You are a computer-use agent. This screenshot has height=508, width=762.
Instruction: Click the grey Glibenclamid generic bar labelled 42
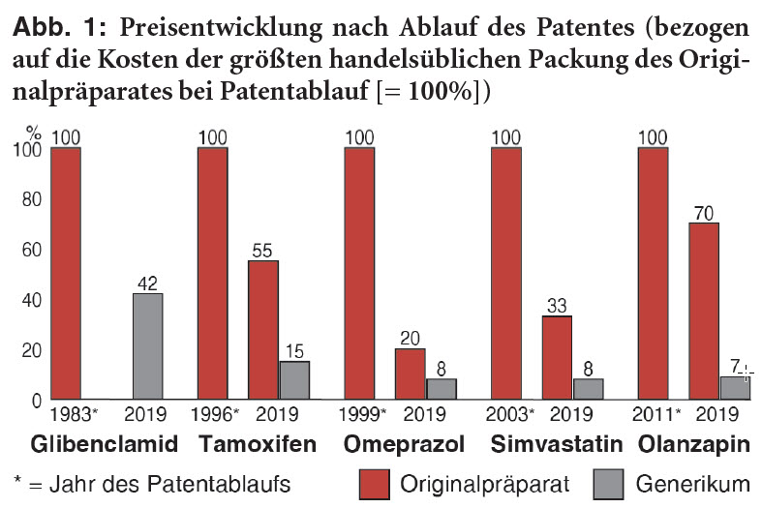tap(147, 345)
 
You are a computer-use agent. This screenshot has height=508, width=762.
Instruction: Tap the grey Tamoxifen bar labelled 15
tap(294, 379)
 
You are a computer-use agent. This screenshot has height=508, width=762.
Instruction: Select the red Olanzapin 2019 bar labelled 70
tap(703, 310)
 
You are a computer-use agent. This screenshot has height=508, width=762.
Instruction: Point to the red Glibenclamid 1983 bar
tap(66, 273)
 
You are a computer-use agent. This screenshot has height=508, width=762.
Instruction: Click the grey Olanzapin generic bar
tap(732, 387)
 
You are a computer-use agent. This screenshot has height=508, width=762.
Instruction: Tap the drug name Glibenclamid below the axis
tap(105, 445)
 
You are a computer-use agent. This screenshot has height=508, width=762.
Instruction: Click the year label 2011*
tap(655, 417)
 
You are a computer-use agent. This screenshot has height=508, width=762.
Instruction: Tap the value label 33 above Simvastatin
tap(556, 306)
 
